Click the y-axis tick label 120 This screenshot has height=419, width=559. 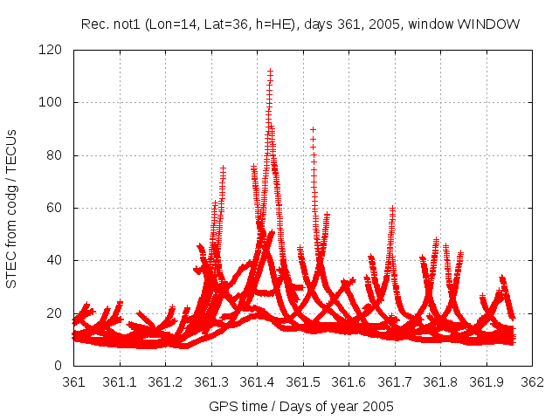tap(54, 51)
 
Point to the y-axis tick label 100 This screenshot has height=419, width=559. tap(54, 103)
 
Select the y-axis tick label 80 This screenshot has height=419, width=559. tap(58, 155)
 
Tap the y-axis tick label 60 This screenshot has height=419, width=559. tap(58, 208)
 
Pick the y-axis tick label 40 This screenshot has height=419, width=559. tap(58, 260)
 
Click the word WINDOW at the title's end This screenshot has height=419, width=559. tap(493, 24)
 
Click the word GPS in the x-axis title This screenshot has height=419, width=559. tap(222, 406)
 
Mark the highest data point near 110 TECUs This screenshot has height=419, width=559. tap(271, 72)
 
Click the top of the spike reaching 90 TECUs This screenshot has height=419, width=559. tap(313, 129)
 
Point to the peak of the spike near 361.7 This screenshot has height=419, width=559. tap(392, 208)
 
